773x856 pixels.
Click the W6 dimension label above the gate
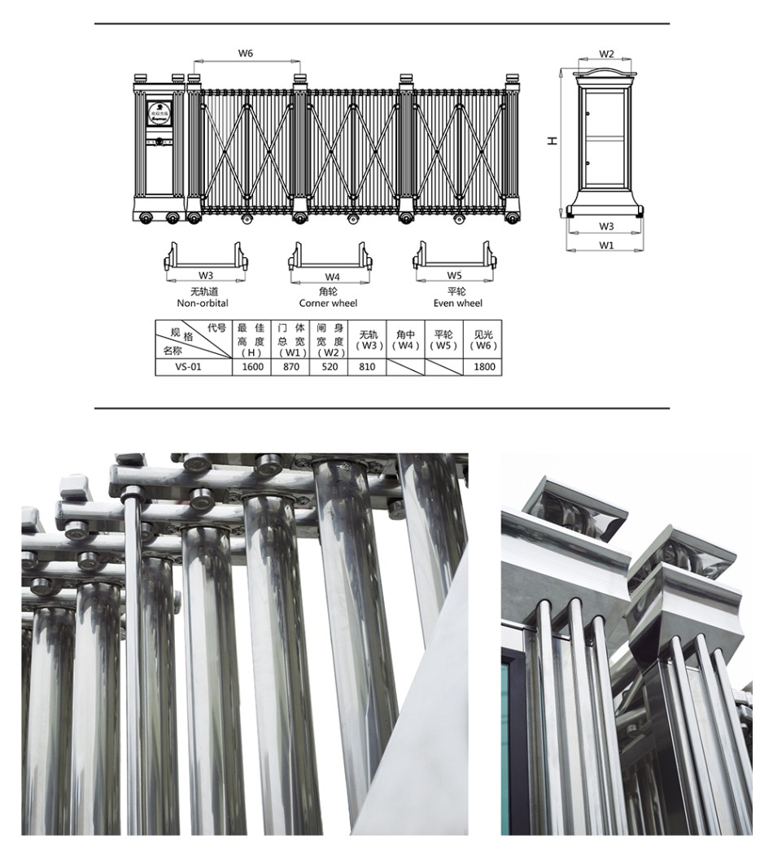coord(246,53)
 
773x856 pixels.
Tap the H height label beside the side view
coord(552,141)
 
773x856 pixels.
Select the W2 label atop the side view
coord(606,54)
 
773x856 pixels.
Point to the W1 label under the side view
coord(606,245)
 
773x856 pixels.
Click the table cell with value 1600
coord(252,367)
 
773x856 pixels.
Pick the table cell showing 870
coord(291,367)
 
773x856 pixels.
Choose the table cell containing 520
coord(330,367)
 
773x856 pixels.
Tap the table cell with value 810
coord(367,367)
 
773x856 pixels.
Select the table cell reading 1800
coord(483,367)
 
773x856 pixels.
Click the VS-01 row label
coord(188,367)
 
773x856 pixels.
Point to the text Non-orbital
coord(203,303)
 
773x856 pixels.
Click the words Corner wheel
coord(328,303)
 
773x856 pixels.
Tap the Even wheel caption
coord(458,303)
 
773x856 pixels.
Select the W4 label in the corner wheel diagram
coord(332,277)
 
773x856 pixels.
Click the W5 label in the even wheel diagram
coord(454,276)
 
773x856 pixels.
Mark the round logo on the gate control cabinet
coord(160,111)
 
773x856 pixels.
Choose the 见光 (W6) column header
coord(483,339)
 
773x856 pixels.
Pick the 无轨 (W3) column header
coord(369,339)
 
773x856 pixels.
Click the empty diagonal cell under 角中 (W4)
coord(405,367)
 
